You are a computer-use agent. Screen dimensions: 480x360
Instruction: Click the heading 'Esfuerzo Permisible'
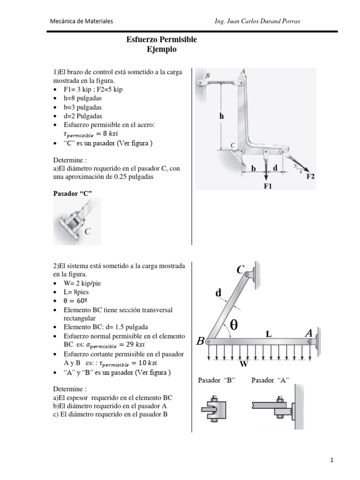[162, 40]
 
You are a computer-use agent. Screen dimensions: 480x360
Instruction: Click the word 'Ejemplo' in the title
[162, 49]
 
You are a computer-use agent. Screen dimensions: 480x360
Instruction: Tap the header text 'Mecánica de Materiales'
[82, 21]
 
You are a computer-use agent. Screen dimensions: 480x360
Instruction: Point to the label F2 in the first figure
[310, 177]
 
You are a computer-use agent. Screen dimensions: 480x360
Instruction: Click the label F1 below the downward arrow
[268, 186]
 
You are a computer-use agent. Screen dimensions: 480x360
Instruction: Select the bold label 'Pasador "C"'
[73, 193]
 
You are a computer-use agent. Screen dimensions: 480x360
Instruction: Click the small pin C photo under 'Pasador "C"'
[77, 222]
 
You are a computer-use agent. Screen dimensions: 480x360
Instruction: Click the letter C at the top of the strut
[240, 270]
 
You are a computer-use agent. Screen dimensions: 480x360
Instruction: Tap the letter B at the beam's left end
[200, 342]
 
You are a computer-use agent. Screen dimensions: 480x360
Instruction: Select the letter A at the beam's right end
[308, 332]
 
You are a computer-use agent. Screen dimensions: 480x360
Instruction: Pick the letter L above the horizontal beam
[269, 333]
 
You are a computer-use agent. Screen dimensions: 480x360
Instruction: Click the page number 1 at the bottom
[332, 461]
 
